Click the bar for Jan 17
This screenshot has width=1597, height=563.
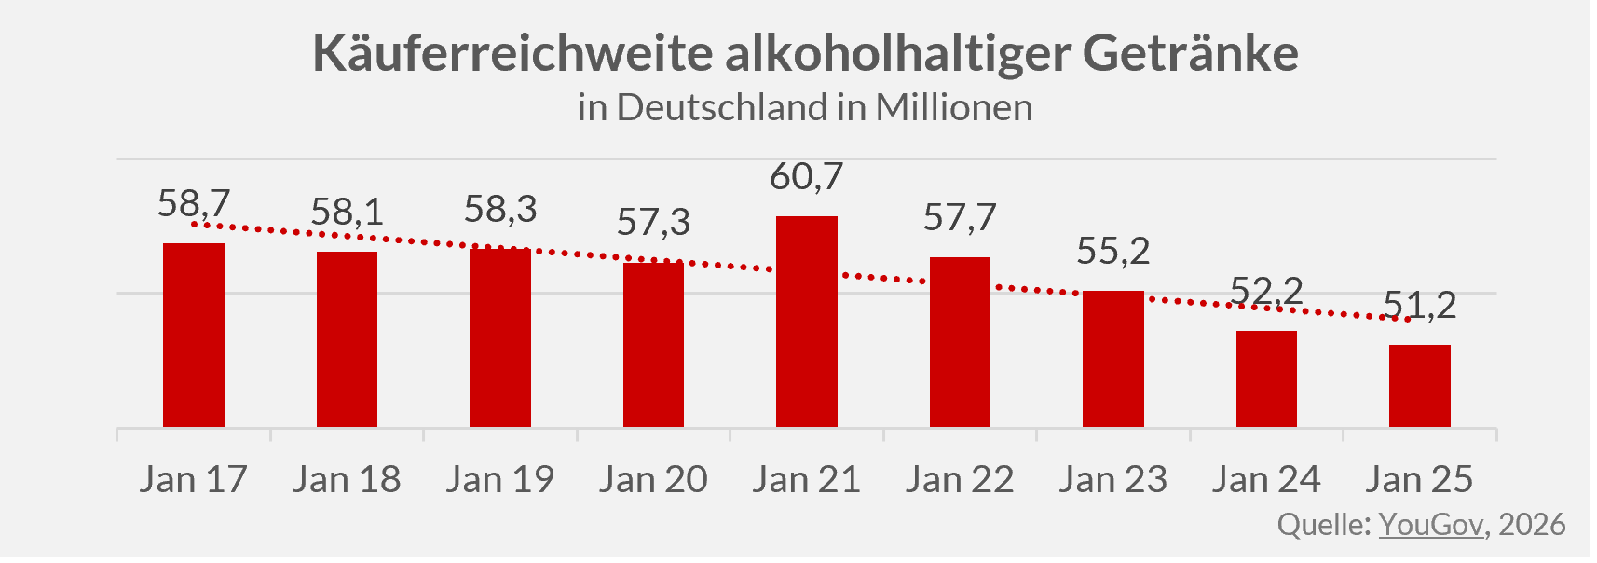click(194, 336)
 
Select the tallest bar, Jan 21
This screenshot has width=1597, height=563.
click(807, 322)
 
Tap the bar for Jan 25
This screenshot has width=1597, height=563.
click(1419, 386)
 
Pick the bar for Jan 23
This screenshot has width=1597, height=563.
click(1112, 359)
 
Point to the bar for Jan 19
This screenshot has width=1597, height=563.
click(500, 337)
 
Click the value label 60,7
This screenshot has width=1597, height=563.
click(807, 176)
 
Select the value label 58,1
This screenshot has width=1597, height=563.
click(347, 213)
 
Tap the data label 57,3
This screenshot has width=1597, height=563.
click(653, 222)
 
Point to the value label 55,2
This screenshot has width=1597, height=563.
click(1112, 251)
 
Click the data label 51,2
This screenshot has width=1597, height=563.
click(1419, 305)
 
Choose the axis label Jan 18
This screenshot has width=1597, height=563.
click(347, 479)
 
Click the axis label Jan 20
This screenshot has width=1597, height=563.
click(653, 479)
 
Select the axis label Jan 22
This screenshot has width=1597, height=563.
click(960, 479)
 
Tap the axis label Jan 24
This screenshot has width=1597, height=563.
click(1265, 479)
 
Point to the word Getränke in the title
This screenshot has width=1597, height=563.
click(1190, 53)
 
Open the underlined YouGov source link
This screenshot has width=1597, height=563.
click(1430, 524)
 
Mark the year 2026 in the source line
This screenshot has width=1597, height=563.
click(1532, 524)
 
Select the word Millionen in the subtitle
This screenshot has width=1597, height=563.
click(954, 107)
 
